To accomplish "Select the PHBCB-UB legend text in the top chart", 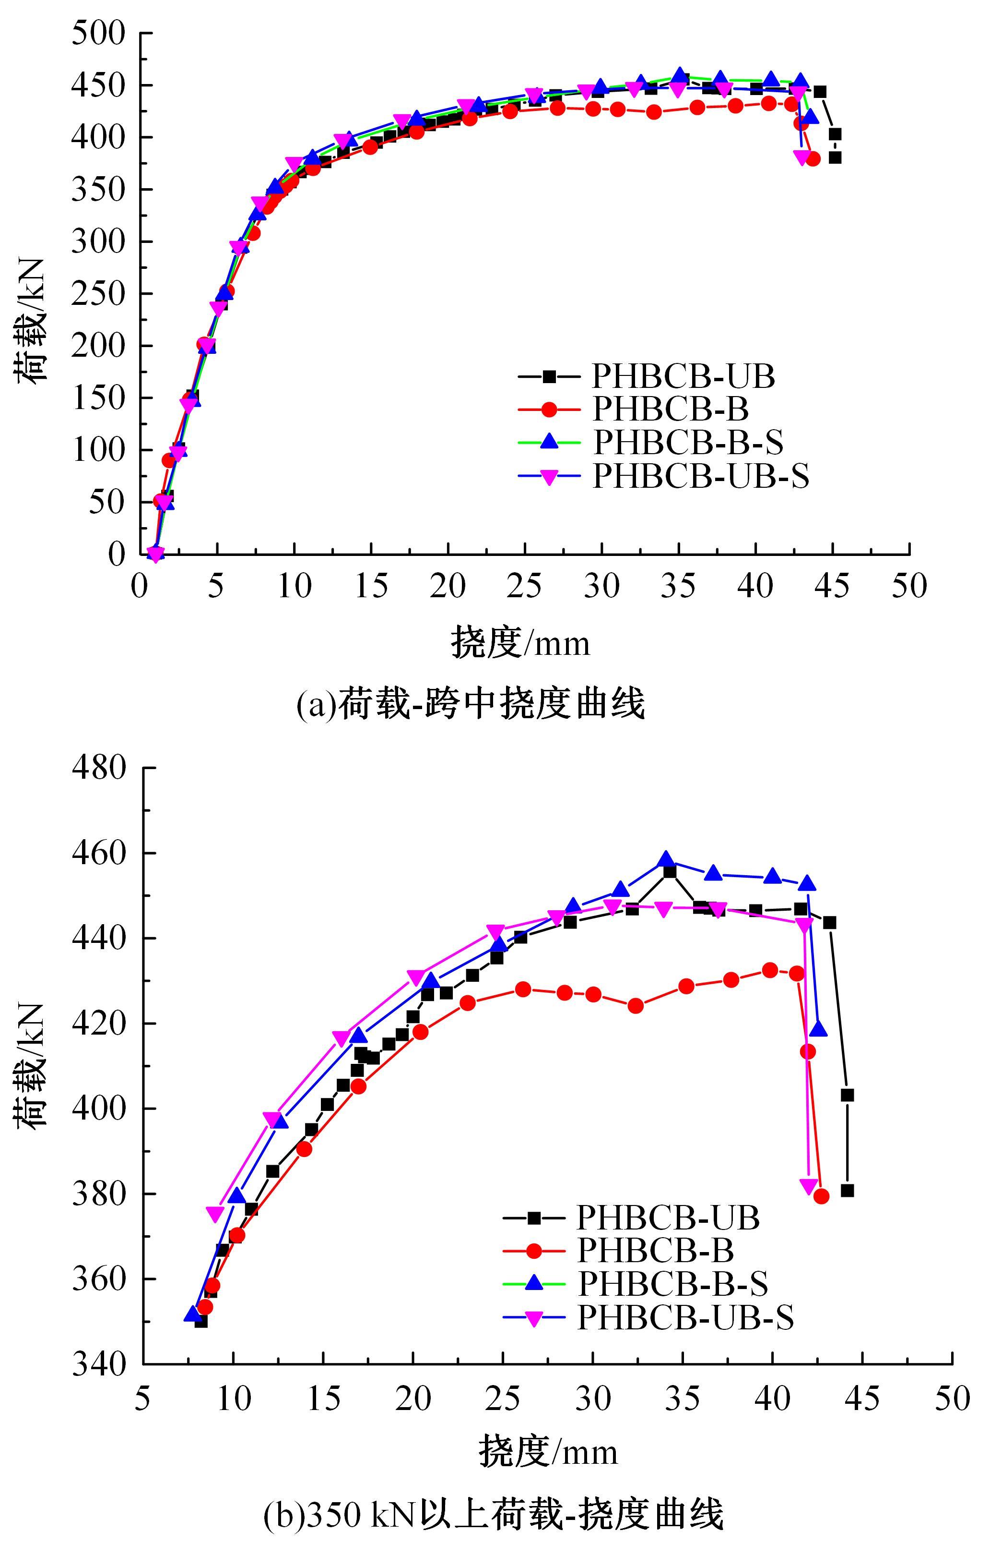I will click(684, 376).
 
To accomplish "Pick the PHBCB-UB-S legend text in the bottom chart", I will click(685, 1317).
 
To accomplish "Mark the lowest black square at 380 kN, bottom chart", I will click(848, 1191).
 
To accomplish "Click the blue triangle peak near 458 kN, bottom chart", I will click(667, 859).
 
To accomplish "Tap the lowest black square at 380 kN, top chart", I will click(835, 157).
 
